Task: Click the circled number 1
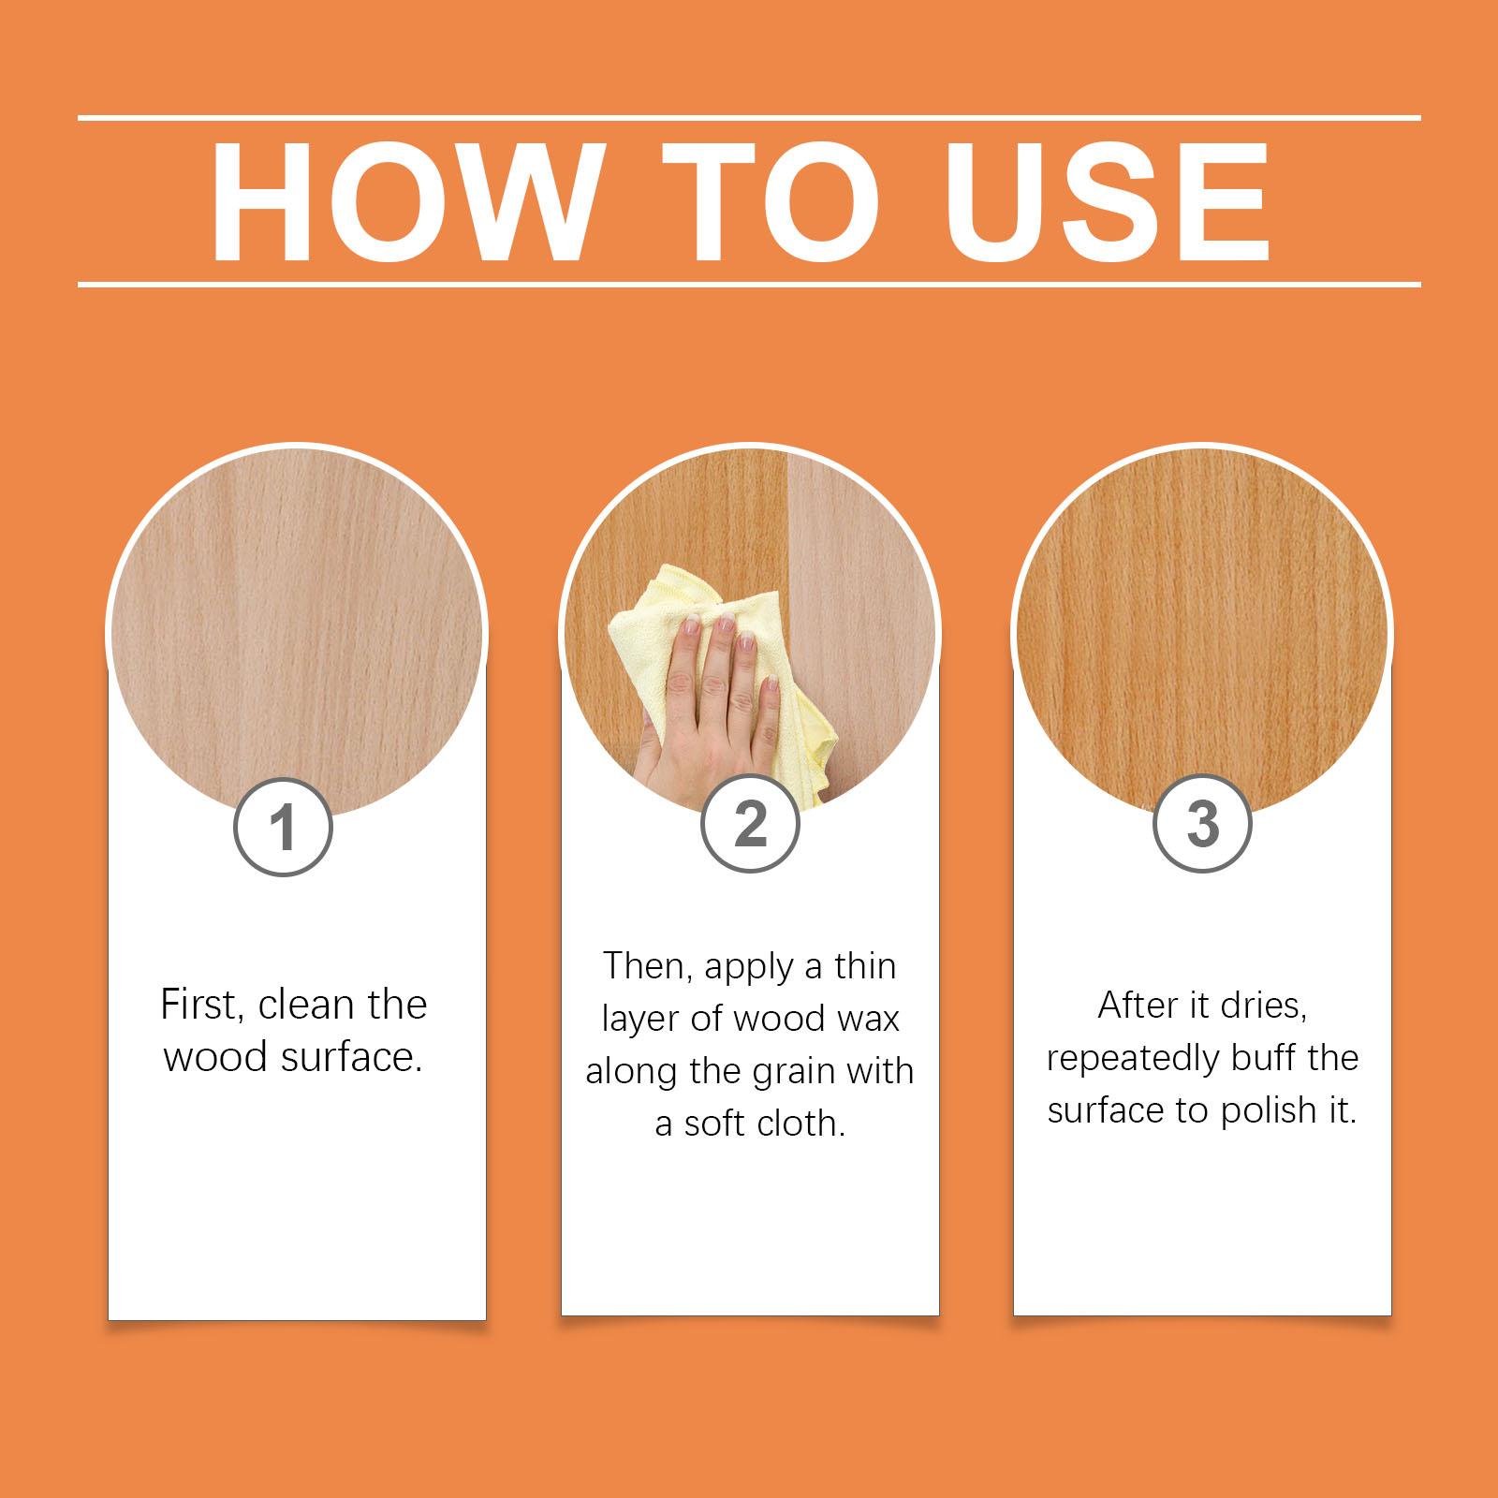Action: pyautogui.click(x=284, y=828)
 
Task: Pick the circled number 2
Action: pyautogui.click(x=750, y=825)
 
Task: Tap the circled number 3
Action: pyautogui.click(x=1202, y=825)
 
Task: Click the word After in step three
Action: pyautogui.click(x=1138, y=1006)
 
